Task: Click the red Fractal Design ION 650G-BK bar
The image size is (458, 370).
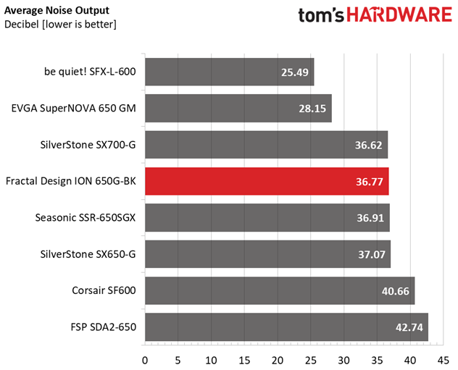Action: [x=267, y=181]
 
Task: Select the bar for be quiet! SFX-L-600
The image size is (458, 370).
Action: [x=229, y=72]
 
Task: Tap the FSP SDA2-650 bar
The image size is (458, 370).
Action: [x=286, y=327]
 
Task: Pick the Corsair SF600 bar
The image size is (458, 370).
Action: [x=280, y=290]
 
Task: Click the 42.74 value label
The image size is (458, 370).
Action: [x=409, y=327]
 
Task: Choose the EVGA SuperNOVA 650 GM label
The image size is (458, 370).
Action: [x=73, y=109]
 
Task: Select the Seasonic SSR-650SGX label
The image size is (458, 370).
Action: [x=85, y=218]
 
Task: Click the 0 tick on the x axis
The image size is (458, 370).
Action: [x=145, y=359]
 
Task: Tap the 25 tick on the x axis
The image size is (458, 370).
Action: [x=310, y=359]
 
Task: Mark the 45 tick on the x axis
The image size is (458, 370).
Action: [x=443, y=359]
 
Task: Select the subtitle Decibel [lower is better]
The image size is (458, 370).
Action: [x=60, y=25]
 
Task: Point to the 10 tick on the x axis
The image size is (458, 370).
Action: [x=211, y=359]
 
